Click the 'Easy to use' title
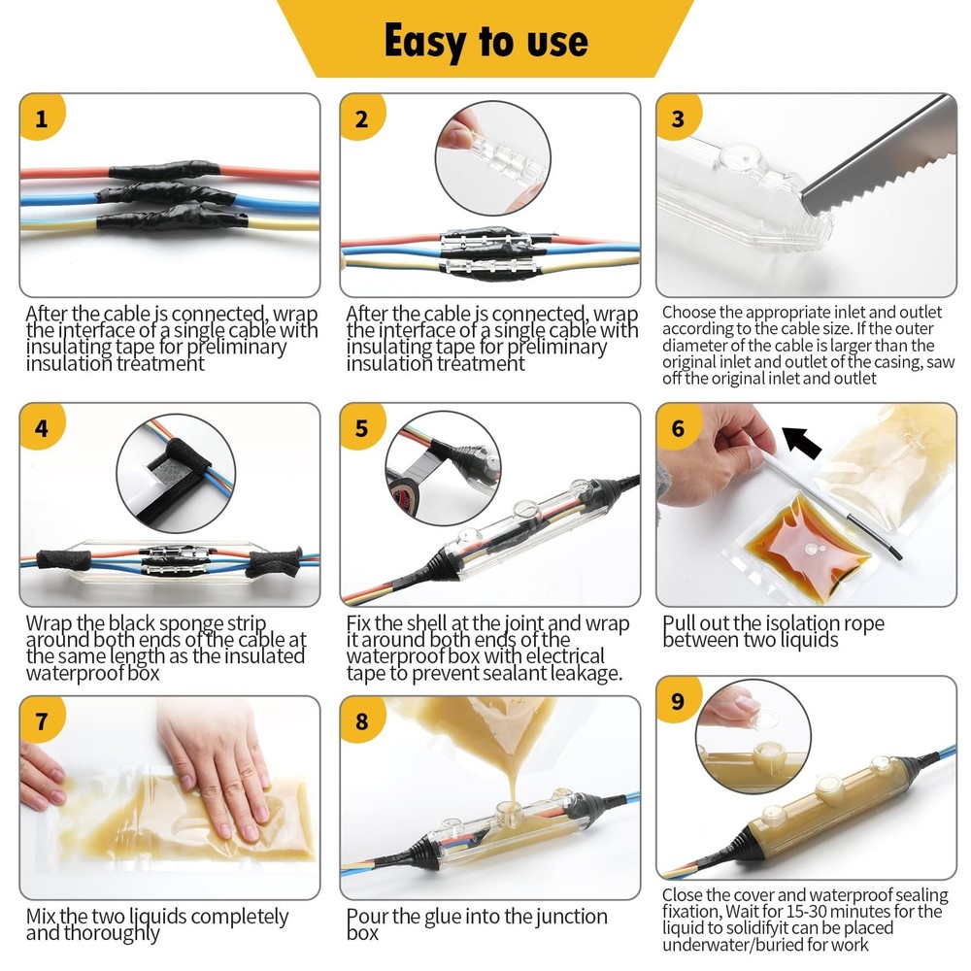click(x=486, y=42)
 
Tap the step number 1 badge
click(x=41, y=117)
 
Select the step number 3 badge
click(x=678, y=117)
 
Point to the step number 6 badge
click(x=678, y=427)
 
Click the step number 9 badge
click(x=678, y=700)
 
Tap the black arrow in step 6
click(x=802, y=442)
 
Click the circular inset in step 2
click(x=493, y=159)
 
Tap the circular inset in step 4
click(x=176, y=473)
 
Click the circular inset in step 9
click(x=753, y=736)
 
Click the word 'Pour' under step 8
click(x=367, y=916)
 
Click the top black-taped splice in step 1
click(x=165, y=170)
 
